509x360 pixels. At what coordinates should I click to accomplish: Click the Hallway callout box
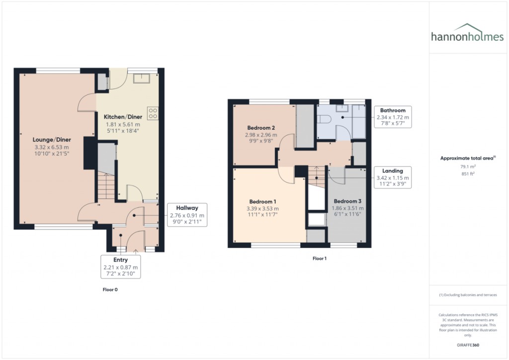click(x=186, y=215)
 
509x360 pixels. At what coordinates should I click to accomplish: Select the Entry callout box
click(x=121, y=267)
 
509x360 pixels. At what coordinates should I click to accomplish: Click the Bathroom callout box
click(x=393, y=117)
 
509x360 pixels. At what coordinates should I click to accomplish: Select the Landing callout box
click(x=393, y=178)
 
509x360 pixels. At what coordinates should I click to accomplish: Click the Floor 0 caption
click(x=109, y=289)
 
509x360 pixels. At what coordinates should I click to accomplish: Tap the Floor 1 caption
click(x=320, y=259)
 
